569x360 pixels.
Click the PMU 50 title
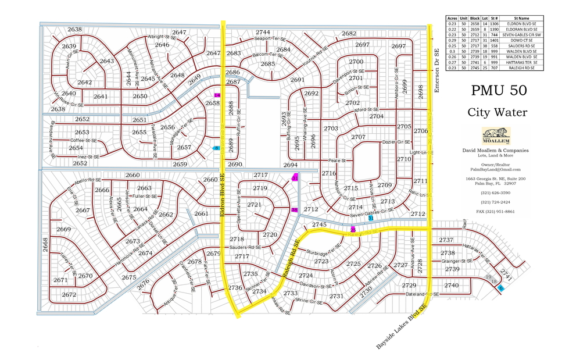coord(499,91)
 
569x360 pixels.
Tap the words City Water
coord(499,112)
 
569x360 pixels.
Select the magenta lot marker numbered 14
coord(217,95)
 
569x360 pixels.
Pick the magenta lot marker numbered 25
coord(353,229)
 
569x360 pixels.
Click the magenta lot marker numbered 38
coord(295,210)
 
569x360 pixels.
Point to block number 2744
coord(263,33)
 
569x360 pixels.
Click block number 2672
coord(69,295)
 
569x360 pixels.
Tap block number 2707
coord(358,137)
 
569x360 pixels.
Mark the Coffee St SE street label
coord(84,140)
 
